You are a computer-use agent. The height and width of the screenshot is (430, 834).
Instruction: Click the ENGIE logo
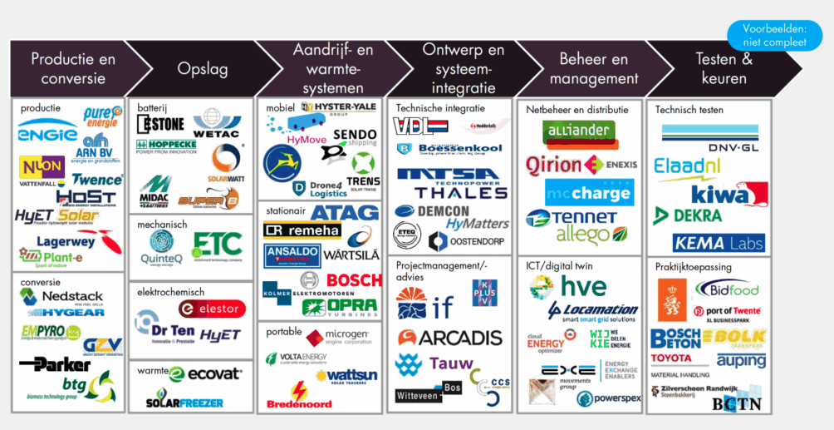pos(47,134)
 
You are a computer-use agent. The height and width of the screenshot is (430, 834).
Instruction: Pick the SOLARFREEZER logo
pos(184,402)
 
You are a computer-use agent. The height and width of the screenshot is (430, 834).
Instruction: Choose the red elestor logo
pos(211,309)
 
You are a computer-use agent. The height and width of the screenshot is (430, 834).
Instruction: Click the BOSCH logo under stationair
pos(354,280)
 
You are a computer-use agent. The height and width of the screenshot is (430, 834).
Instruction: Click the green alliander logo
pos(579,133)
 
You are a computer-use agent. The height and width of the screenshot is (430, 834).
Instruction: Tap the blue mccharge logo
pos(589,193)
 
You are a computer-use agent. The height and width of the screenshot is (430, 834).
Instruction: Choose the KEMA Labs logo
pos(719,243)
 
